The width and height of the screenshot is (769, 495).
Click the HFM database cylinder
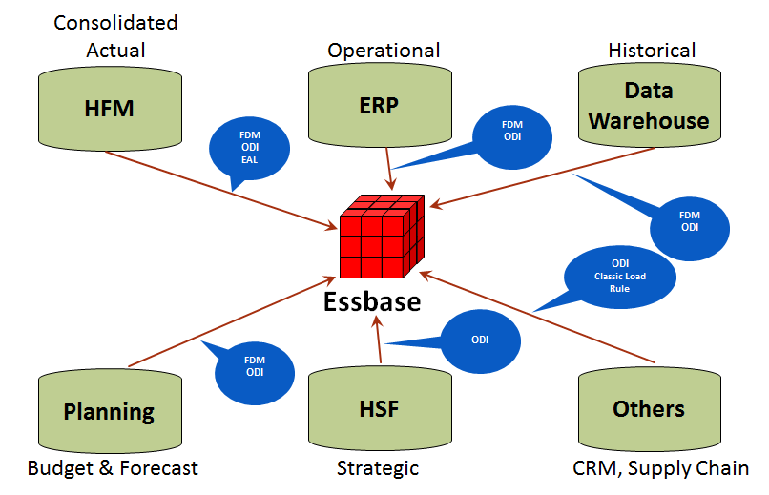click(x=110, y=111)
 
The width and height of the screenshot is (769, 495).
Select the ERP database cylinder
click(x=380, y=108)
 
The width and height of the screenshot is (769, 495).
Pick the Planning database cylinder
click(x=110, y=411)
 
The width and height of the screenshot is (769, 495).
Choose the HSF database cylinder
click(x=380, y=409)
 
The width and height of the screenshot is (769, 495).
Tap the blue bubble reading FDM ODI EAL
click(x=249, y=150)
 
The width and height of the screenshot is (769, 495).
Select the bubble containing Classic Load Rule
click(x=619, y=276)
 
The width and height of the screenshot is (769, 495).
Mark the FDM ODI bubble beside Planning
click(x=255, y=366)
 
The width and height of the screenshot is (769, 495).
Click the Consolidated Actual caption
click(x=115, y=35)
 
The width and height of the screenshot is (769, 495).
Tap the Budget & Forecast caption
click(x=113, y=468)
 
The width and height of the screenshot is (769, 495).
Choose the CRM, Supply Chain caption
click(x=660, y=468)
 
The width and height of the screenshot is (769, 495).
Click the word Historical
click(x=652, y=50)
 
